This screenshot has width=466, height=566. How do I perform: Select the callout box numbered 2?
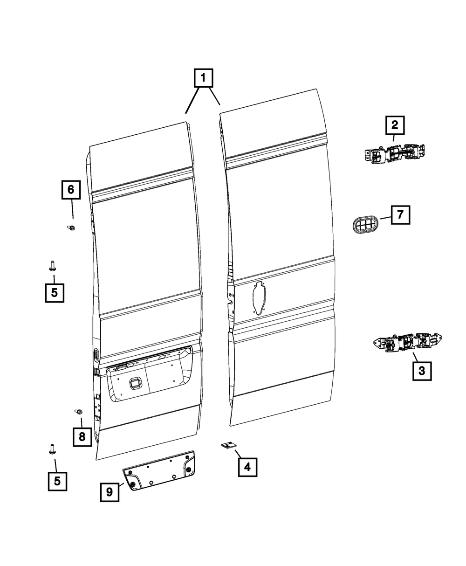coord(394,125)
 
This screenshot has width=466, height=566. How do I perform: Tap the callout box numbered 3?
coord(421,371)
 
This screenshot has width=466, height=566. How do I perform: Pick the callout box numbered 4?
coord(247,466)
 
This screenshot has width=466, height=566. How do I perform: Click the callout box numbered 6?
coord(71,190)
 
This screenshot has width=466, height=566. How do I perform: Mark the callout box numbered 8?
coord(82,437)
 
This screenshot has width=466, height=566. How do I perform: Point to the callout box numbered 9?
coord(110,492)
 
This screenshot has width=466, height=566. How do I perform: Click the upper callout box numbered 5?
coord(55,293)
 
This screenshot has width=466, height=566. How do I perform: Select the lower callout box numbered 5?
coord(57,481)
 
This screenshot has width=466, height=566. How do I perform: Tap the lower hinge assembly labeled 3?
coord(408,343)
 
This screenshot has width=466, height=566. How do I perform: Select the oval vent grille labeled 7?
coord(364,226)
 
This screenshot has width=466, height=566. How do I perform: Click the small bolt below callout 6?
coord(72,228)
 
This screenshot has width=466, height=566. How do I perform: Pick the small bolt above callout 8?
coord(79,412)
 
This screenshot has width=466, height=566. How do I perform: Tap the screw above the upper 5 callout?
coord(52,266)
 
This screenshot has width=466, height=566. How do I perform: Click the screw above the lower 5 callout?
coord(52,449)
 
